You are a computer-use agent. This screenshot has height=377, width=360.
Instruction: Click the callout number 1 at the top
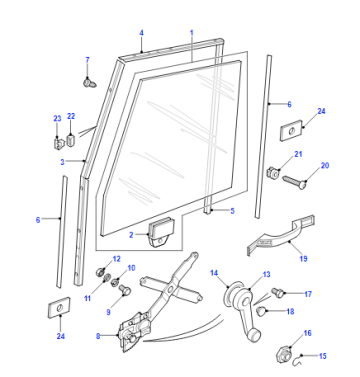(192, 33)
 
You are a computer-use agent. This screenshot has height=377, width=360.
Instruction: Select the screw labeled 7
(89, 82)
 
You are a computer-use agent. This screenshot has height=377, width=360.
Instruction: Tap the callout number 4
(141, 33)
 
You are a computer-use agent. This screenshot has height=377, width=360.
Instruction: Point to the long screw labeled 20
(294, 181)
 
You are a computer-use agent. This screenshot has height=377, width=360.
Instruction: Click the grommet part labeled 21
(273, 172)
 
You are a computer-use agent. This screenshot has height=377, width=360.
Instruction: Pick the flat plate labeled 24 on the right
(291, 132)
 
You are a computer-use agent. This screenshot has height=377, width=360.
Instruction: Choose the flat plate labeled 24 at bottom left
(59, 306)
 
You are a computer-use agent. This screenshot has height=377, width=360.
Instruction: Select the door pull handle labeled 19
(281, 236)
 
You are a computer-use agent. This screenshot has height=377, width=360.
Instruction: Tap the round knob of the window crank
(255, 335)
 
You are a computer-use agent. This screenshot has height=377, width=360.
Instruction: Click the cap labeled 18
(261, 311)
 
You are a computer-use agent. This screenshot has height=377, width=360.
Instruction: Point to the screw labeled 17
(278, 292)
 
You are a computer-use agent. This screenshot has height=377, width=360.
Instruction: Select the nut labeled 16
(284, 354)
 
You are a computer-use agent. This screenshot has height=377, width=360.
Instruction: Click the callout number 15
(322, 356)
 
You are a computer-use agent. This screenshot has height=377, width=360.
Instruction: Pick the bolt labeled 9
(124, 289)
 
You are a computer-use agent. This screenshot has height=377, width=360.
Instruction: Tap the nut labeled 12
(100, 272)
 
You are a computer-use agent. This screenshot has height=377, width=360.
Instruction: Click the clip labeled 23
(58, 144)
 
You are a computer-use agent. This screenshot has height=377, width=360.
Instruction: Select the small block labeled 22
(71, 139)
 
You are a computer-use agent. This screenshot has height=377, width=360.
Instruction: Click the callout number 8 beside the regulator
(98, 336)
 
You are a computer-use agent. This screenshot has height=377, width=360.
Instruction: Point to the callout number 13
(266, 274)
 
